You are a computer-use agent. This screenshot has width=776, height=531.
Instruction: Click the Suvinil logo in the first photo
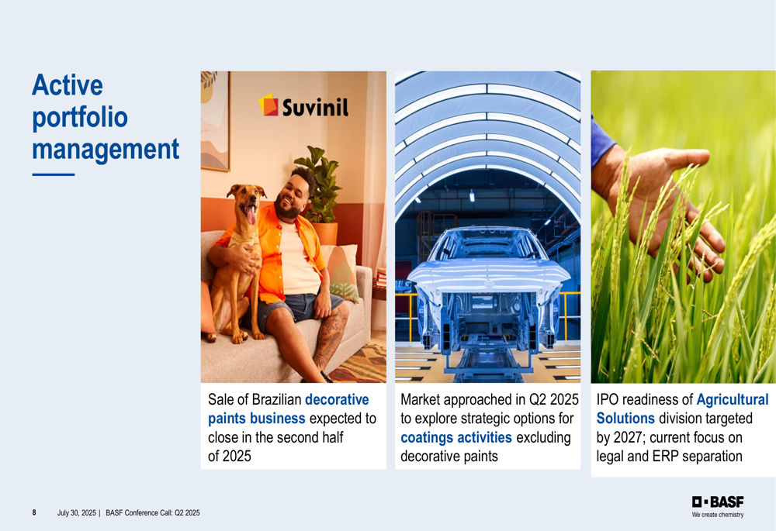(303, 105)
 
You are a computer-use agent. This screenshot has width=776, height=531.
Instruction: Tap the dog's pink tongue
(251, 215)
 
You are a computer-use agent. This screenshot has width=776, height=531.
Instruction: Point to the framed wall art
(215, 121)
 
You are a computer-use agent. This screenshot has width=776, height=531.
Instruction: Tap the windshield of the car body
(487, 245)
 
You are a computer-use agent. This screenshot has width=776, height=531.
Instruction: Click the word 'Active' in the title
(68, 84)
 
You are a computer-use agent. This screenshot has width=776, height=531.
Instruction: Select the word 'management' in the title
(106, 150)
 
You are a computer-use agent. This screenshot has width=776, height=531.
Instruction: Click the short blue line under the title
(54, 174)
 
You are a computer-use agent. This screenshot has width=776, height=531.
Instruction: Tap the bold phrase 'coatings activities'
(456, 437)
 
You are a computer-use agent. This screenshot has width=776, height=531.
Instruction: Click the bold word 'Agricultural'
(733, 399)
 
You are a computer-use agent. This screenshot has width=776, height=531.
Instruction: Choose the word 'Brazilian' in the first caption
(277, 399)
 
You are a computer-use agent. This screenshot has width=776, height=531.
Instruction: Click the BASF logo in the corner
(718, 502)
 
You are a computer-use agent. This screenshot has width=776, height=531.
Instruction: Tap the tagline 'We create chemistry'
(718, 515)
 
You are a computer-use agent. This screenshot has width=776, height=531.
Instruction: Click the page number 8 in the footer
(34, 512)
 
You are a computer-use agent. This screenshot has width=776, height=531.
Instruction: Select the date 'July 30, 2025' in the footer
(77, 512)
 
